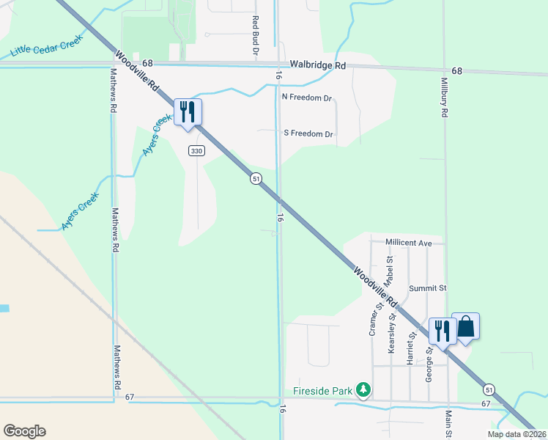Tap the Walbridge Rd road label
click(x=316, y=65)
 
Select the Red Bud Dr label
click(x=256, y=37)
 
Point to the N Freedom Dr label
click(x=307, y=97)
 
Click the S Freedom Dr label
click(x=308, y=133)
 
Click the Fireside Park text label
click(x=323, y=390)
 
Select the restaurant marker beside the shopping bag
click(x=441, y=331)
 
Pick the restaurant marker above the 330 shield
click(x=188, y=112)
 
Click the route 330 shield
click(x=196, y=150)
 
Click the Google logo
click(x=24, y=431)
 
